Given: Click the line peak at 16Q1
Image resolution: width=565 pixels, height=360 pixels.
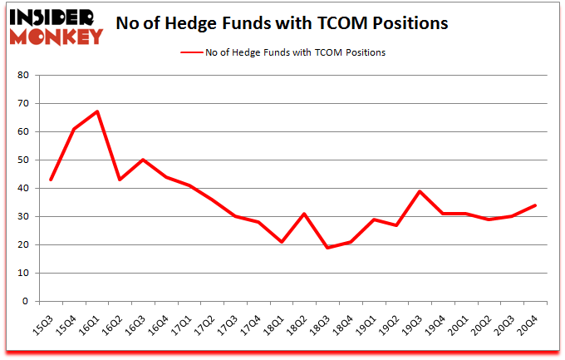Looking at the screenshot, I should click(x=97, y=111).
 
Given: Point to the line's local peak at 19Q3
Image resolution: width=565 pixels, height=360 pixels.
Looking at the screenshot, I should click(x=420, y=191).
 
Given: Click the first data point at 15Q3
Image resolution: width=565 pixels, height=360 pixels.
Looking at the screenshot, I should click(x=51, y=180).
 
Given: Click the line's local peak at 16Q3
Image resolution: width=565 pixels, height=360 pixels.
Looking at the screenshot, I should click(x=143, y=160).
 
